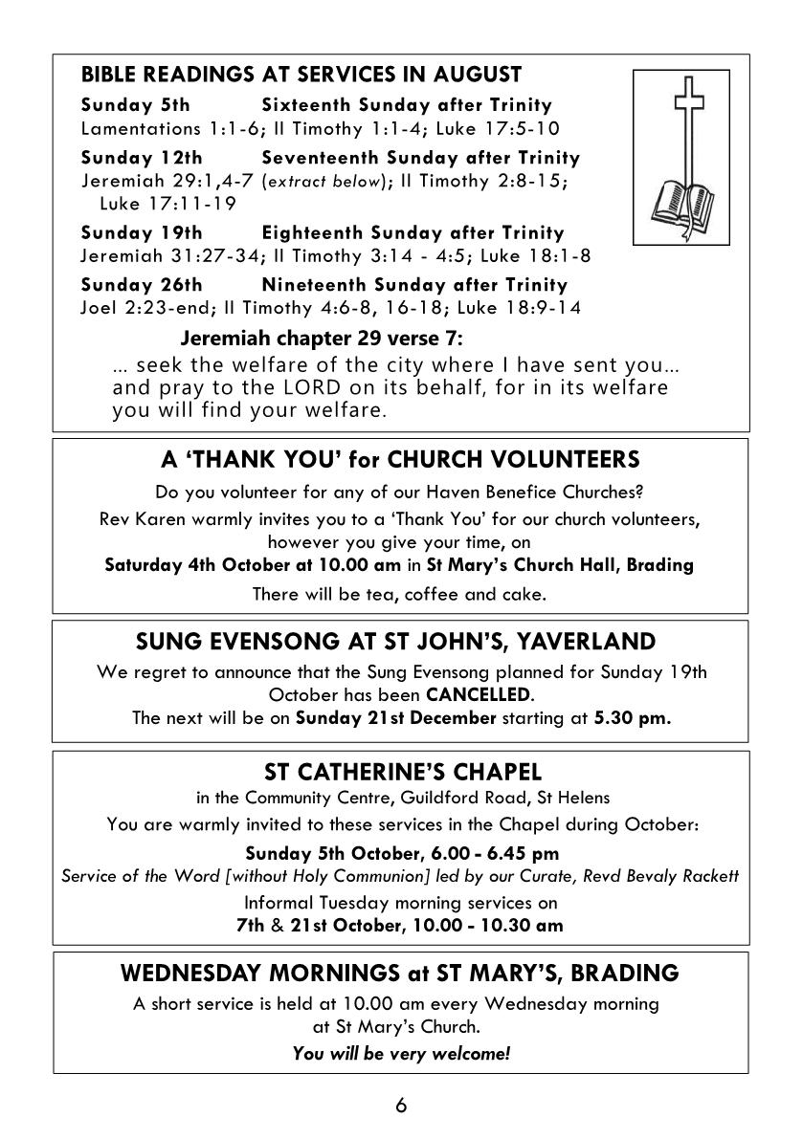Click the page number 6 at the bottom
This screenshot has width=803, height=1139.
(401, 1106)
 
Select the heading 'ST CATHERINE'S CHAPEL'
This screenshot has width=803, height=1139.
(401, 772)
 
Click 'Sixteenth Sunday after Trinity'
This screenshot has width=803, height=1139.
(407, 105)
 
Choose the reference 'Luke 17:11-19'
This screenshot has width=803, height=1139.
(154, 204)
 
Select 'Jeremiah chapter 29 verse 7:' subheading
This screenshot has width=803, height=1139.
(322, 340)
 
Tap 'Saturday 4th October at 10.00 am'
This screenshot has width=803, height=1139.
(242, 564)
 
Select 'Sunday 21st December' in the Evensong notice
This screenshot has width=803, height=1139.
(395, 718)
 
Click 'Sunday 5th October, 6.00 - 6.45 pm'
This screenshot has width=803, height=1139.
(402, 853)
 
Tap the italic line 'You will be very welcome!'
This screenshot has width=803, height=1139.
(401, 1054)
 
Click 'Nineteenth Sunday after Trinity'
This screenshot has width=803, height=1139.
(414, 285)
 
